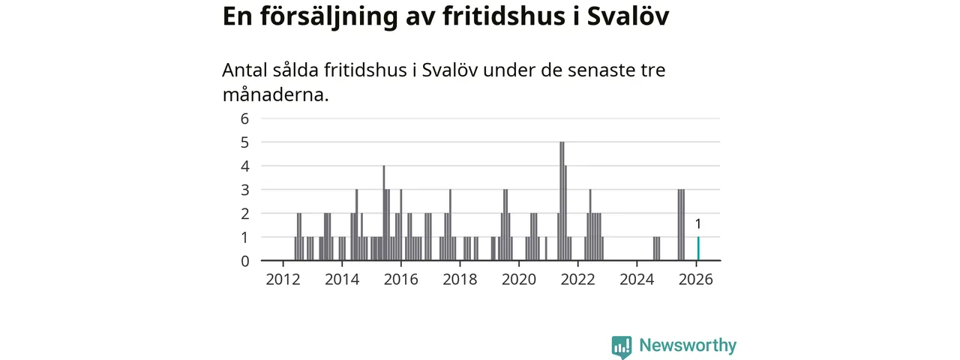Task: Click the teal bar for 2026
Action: click(698, 249)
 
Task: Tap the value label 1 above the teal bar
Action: click(698, 223)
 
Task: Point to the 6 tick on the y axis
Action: click(244, 118)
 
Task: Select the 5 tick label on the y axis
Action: click(244, 142)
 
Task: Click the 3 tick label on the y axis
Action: click(244, 190)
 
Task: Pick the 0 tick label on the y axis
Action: click(244, 261)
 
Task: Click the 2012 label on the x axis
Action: click(283, 280)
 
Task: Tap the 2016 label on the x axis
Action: click(401, 280)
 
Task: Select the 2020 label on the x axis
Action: click(519, 280)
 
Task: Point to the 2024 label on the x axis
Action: click(637, 280)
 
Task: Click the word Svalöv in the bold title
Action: click(627, 16)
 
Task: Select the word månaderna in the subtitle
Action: click(275, 95)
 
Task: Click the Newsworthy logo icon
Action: click(621, 346)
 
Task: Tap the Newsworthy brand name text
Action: click(688, 346)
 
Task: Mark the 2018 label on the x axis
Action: click(460, 280)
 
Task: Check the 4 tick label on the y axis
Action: click(244, 166)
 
